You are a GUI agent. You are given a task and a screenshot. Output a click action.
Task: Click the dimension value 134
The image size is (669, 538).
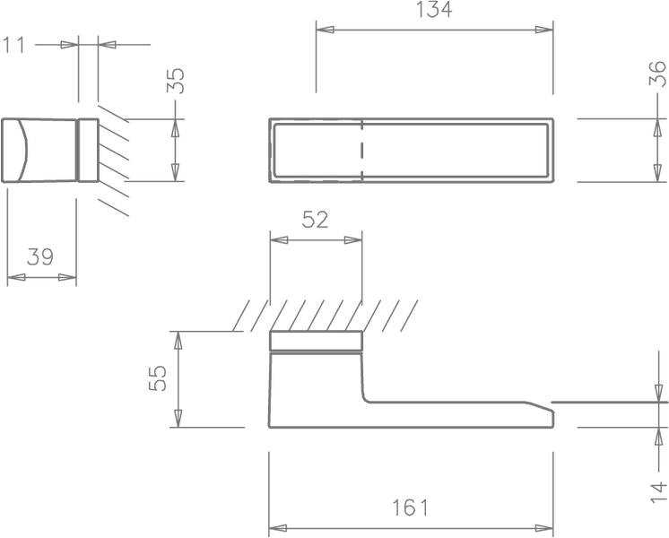(433, 9)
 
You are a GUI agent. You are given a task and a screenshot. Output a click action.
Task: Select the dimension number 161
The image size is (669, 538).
(410, 508)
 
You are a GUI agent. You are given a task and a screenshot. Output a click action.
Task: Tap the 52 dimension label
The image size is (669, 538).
(316, 220)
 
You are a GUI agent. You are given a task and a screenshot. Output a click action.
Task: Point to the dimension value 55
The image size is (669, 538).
(158, 378)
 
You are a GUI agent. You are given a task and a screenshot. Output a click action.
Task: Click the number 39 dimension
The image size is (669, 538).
(40, 256)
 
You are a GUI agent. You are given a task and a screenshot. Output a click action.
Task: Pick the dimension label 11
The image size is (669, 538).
(14, 45)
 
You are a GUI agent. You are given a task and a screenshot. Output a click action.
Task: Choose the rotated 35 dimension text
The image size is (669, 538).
(176, 81)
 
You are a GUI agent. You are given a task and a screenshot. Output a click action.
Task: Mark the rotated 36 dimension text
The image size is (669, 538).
(657, 74)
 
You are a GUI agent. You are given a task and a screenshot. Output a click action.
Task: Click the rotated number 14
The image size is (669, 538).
(658, 492)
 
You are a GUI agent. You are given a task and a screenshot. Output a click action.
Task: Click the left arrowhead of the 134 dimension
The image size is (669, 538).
(326, 30)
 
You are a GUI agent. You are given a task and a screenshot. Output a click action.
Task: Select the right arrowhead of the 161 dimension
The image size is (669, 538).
(544, 528)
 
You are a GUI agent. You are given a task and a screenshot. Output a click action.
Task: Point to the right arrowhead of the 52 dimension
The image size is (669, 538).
(352, 239)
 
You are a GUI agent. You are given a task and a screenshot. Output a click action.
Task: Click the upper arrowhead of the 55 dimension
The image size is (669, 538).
(178, 340)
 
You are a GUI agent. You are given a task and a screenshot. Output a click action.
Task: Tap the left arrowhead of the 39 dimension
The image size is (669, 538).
(16, 277)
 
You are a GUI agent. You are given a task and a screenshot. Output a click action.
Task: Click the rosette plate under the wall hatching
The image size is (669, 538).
(316, 341)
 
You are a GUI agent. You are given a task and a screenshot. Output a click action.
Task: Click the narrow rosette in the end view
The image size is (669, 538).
(89, 150)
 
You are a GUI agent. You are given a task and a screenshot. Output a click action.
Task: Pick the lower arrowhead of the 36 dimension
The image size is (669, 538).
(657, 173)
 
